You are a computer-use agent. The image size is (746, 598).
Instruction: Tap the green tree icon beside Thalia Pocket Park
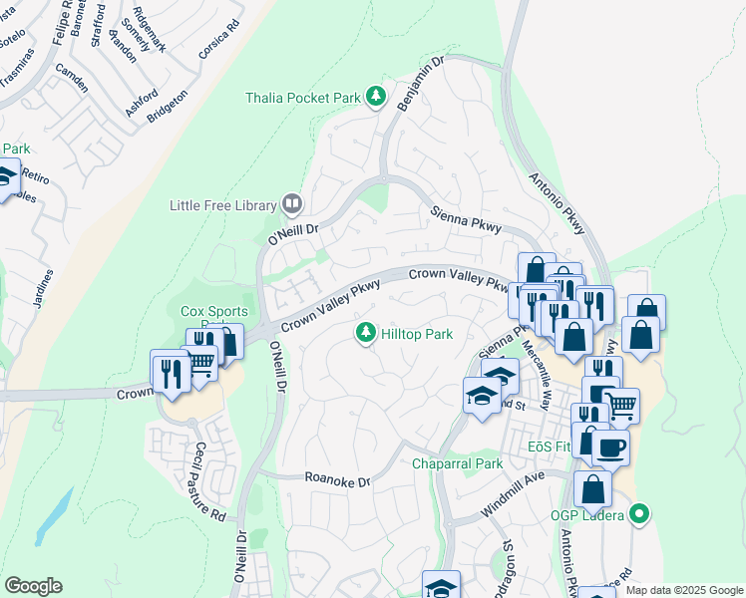(376, 97)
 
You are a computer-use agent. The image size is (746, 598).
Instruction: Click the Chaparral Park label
(458, 463)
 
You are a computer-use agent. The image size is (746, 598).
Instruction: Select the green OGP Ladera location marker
(640, 514)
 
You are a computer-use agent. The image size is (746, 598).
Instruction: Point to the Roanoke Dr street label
(337, 481)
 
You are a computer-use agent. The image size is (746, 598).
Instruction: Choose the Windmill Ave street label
(513, 480)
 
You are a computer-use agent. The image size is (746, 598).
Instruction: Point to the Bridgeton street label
(167, 105)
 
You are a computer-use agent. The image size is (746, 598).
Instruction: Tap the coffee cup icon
(610, 447)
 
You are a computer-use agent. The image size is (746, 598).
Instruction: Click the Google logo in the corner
(33, 586)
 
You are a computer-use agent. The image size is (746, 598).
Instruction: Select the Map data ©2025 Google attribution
(683, 590)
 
